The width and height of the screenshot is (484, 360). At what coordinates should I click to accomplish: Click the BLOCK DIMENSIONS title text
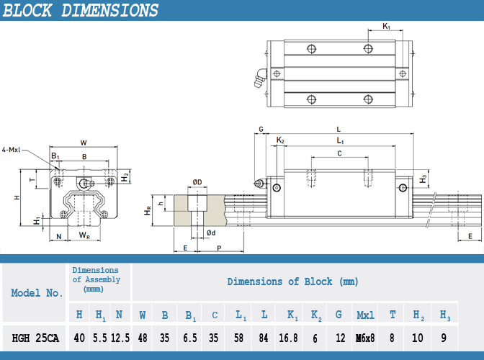80,10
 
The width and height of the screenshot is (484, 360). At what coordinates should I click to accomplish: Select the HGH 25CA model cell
35,338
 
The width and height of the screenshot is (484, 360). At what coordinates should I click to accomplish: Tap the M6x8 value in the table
365,338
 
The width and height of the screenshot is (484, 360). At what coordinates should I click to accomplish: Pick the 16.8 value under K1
288,338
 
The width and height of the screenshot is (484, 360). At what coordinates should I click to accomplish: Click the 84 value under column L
264,338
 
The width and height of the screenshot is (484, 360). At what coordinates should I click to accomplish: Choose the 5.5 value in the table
99,338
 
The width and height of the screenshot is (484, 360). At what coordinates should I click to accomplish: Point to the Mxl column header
365,315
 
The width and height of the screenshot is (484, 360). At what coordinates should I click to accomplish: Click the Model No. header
37,293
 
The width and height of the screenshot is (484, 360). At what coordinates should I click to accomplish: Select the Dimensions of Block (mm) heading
292,282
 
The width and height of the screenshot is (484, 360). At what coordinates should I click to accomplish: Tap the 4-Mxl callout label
11,150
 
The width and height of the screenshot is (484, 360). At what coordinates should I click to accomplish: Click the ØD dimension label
197,182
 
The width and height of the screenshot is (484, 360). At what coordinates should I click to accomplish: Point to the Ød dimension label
211,233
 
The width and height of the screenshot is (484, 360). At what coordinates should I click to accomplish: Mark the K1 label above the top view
387,26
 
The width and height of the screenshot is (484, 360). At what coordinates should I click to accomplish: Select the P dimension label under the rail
219,248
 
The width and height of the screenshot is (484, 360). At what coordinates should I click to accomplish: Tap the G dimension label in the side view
261,130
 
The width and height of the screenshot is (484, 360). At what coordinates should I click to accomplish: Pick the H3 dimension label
423,179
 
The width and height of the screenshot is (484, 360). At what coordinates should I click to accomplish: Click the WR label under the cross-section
84,235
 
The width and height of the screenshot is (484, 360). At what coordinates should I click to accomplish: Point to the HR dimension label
148,211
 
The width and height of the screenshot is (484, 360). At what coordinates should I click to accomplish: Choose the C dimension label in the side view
339,153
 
